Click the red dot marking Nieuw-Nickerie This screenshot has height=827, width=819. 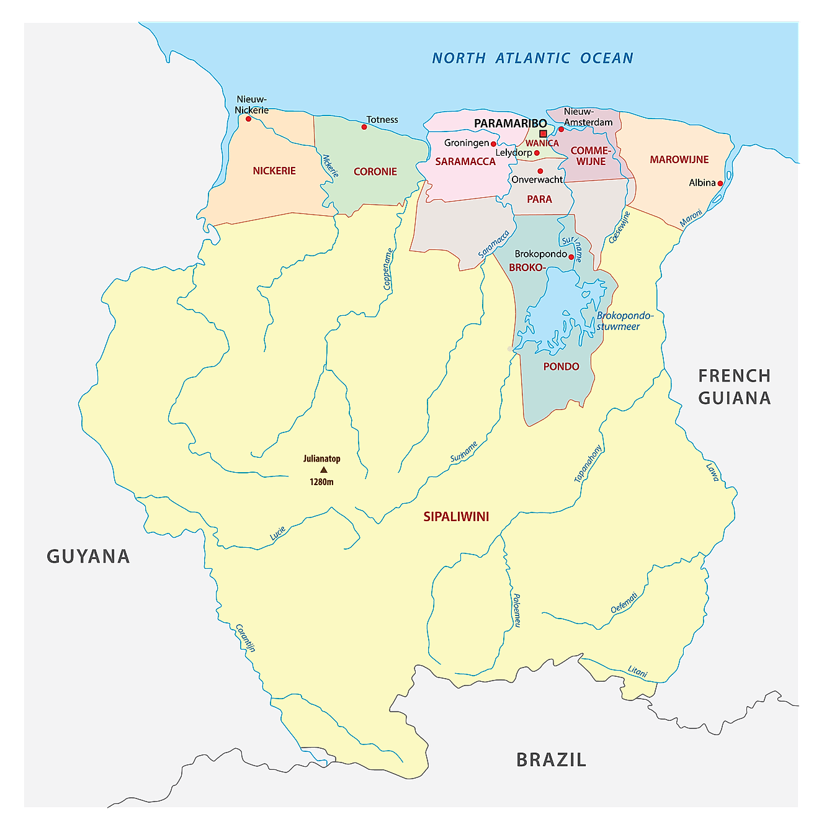point(248,118)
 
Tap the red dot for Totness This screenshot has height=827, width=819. point(364,127)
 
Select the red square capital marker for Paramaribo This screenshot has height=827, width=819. point(543,133)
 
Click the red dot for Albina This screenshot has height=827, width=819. point(720,184)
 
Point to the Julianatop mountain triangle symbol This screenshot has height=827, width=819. point(323,470)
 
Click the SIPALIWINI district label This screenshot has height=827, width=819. point(456,517)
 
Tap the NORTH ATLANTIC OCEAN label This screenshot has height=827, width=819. point(532,58)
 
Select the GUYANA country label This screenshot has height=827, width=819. point(88,557)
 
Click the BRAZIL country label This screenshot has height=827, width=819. point(551,759)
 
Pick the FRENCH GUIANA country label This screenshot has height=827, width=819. point(735,387)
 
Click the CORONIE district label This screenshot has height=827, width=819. point(375,172)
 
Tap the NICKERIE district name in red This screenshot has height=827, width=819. point(274,171)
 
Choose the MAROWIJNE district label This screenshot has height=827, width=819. point(679,159)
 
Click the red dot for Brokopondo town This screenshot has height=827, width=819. point(571,256)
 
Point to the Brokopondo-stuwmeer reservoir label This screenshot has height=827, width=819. point(624,321)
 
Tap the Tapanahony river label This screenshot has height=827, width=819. point(588,463)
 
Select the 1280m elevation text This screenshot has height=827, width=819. point(321,482)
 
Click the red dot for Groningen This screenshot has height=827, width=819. point(494,144)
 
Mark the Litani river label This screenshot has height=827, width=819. point(637,671)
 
